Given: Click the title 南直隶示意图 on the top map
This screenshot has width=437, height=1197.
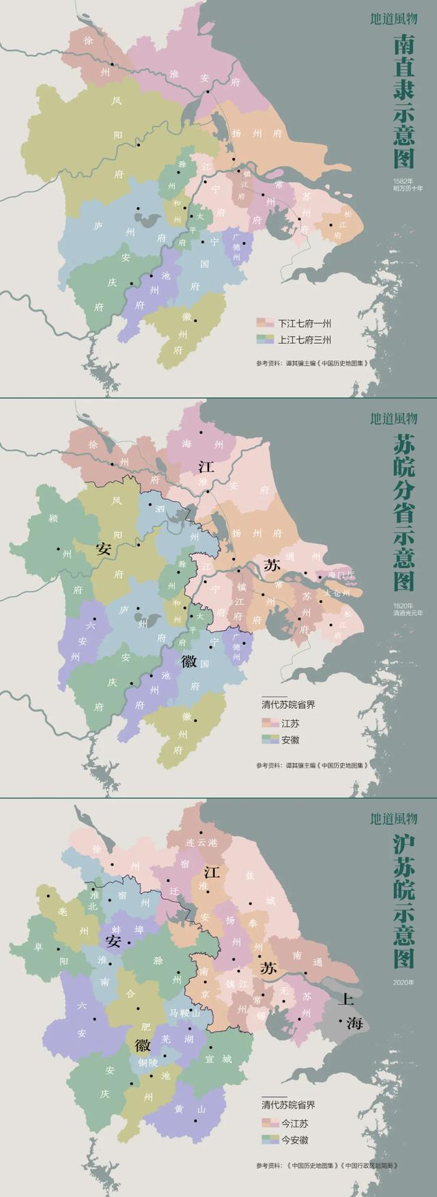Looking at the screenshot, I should tap(404, 103).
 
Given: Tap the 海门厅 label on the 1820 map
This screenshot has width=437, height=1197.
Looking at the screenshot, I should tap(339, 575).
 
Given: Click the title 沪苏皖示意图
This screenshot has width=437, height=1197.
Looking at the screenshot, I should tap(404, 902).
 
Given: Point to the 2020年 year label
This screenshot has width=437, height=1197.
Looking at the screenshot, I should tap(404, 982).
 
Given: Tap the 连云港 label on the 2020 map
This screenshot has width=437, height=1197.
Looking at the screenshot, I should tap(201, 843).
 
